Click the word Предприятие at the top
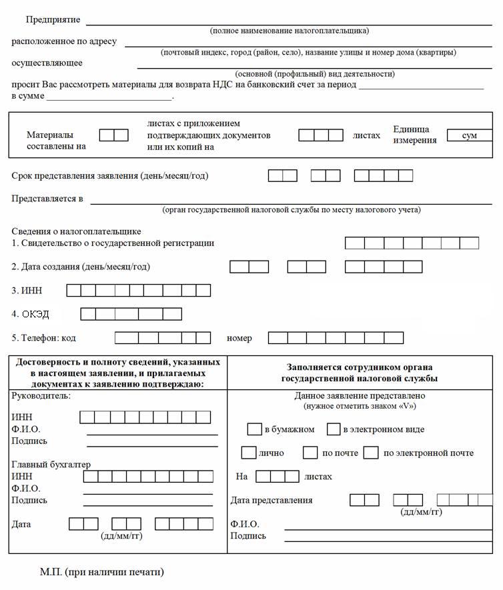coord(53,19)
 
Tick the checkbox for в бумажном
coord(254,429)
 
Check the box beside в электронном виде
coord(334,429)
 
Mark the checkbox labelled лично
coord(249,453)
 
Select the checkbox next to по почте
coord(310,453)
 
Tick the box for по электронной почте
coord(372,453)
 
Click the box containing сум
coord(469,135)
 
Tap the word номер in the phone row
coord(239,338)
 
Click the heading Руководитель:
coord(41,395)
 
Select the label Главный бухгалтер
coord(51,465)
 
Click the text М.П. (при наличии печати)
coord(101,572)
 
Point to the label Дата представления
coord(272,500)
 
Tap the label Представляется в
coord(47,199)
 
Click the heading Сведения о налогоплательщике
coord(76,231)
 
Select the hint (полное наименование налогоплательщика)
coord(289,31)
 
